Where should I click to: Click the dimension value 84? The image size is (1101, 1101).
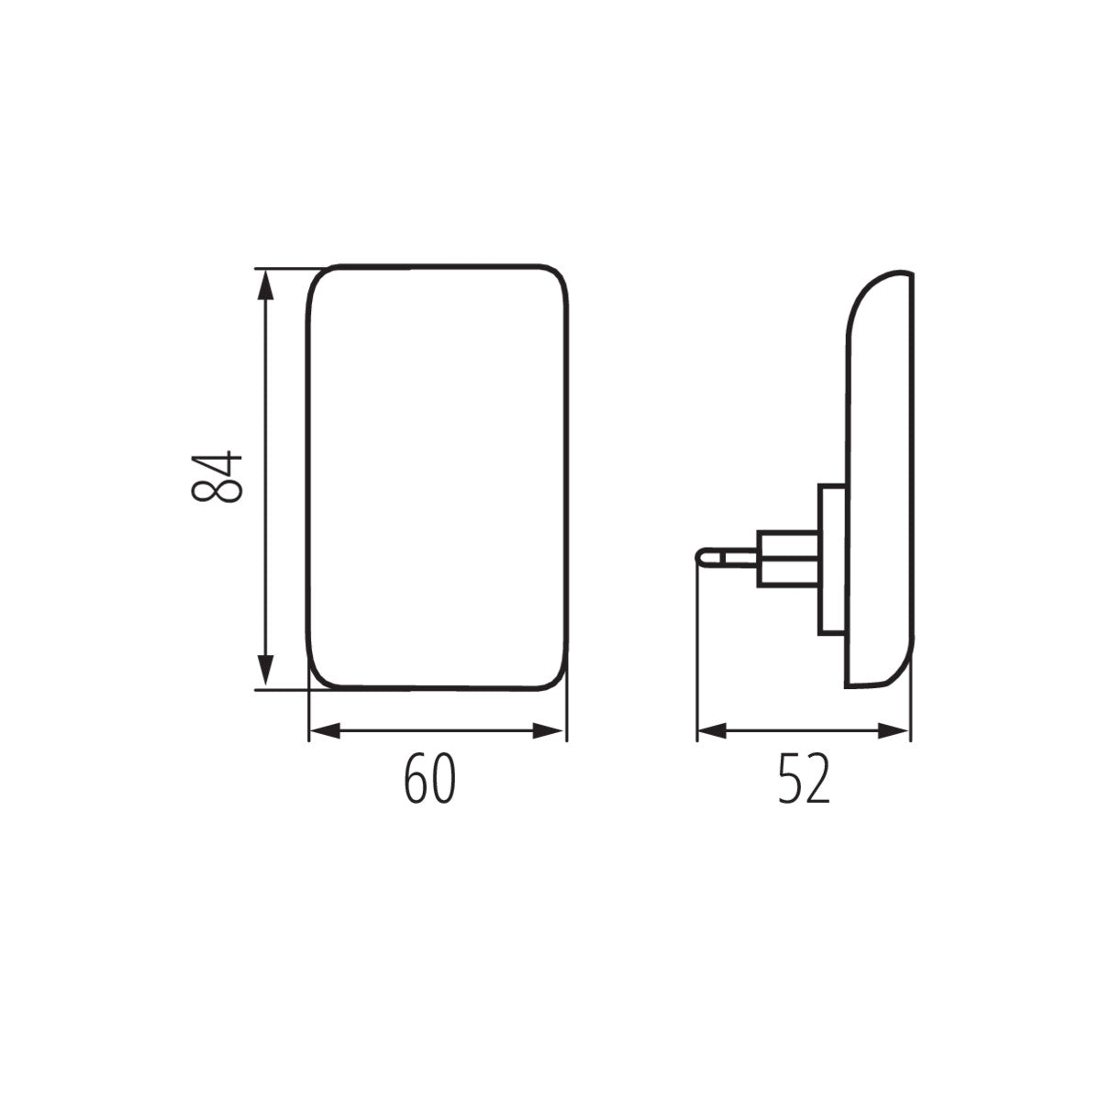tap(217, 477)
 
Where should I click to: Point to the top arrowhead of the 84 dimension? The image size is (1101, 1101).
tap(265, 284)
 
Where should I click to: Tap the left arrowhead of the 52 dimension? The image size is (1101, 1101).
tap(712, 730)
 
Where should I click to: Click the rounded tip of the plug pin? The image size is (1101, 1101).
tap(702, 557)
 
